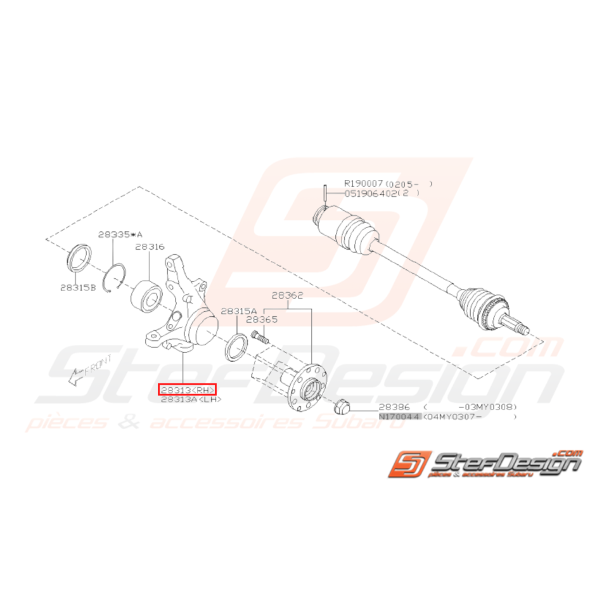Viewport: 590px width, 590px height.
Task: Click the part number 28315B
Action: (x=78, y=287)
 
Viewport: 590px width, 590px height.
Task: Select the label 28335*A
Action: (x=120, y=234)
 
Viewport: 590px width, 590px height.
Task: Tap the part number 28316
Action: (x=150, y=246)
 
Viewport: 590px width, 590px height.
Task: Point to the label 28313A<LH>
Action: (x=191, y=400)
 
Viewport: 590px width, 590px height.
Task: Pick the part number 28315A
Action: (x=239, y=311)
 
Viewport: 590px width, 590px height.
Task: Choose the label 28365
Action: (x=262, y=321)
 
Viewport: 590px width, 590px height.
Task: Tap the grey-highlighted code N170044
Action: (x=399, y=417)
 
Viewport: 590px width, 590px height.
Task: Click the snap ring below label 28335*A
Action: (x=117, y=277)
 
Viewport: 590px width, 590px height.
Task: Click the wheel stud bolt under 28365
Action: (x=260, y=337)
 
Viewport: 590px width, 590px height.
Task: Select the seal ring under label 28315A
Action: (x=234, y=348)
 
